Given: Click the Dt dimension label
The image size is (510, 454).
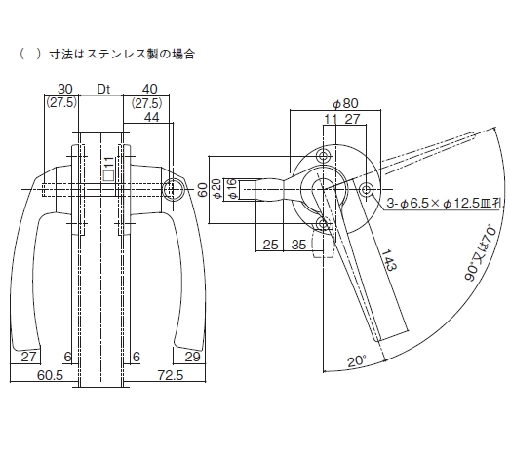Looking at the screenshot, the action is click(x=103, y=89).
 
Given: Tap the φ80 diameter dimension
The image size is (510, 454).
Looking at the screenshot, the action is click(x=345, y=103).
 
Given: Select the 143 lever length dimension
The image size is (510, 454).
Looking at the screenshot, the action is click(x=389, y=260).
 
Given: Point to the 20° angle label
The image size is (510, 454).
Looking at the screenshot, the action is click(x=357, y=361).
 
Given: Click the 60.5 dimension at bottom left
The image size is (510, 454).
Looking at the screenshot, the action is click(x=50, y=375).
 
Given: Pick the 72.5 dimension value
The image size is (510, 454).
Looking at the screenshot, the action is click(x=171, y=375).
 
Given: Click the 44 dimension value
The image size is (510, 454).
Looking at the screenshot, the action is click(x=151, y=117).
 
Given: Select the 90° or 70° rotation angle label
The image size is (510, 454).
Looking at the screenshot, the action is click(x=482, y=252).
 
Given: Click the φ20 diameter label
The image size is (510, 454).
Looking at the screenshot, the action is click(x=216, y=189).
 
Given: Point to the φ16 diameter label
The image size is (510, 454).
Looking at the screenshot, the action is click(x=232, y=189).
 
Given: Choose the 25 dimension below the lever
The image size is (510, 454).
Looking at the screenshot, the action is click(x=270, y=245).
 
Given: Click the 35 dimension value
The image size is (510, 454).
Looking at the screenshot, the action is click(x=299, y=245).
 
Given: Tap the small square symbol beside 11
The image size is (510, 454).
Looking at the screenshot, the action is click(x=108, y=175).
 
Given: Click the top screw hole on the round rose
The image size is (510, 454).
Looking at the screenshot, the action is click(x=324, y=156).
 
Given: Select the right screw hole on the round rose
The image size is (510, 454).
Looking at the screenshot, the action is click(x=367, y=189).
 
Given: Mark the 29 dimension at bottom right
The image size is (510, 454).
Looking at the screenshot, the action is click(x=192, y=358).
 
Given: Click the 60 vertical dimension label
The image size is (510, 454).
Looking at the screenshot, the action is click(x=202, y=190).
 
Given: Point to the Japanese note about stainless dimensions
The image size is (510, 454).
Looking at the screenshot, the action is click(x=107, y=54).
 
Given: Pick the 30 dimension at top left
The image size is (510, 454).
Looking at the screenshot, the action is click(x=65, y=89).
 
